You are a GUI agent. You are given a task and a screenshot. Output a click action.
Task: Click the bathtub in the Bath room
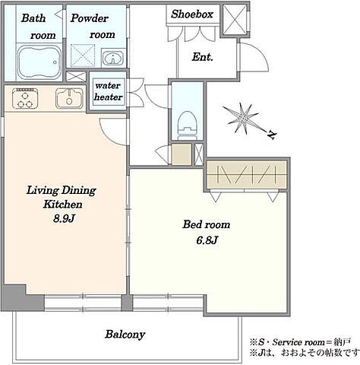pos(39,62)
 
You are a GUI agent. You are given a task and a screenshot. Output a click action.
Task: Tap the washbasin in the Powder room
pos(113,58)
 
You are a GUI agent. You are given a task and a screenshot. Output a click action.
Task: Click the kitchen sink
pos(69,97)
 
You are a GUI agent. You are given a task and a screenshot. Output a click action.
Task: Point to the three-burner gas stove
pos(25,98)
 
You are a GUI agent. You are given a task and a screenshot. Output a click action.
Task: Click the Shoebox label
pos(192,14)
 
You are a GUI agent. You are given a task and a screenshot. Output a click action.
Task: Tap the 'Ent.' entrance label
pos(203,57)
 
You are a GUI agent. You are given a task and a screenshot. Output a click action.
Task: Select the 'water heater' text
pos(108,91)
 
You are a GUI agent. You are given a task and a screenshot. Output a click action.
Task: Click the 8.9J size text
pos(65,219)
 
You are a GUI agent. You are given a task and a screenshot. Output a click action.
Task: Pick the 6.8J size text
pos(207,240)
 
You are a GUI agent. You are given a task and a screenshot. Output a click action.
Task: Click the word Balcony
pos(125,335)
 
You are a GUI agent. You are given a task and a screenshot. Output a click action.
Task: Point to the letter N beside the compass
pos(272,135)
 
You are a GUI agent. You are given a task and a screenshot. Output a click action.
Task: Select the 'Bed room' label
pos(207,225)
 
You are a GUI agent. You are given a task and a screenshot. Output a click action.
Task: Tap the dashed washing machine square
pos(83,56)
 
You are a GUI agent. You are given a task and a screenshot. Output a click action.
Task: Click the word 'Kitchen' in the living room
pos(62,205)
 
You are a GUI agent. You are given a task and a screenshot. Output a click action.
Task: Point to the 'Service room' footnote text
pos(298,342)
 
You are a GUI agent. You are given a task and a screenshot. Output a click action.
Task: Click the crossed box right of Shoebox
pos(235,20)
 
